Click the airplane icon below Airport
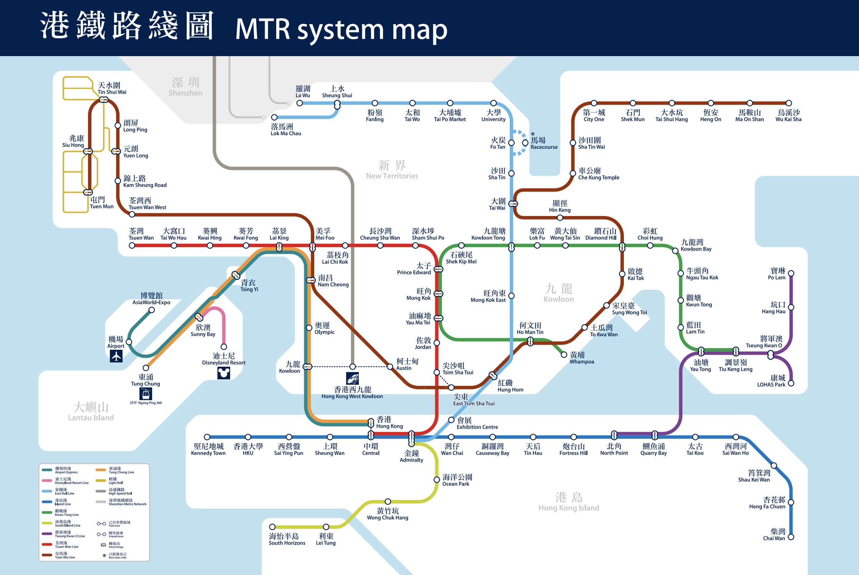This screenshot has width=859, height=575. click(116, 356)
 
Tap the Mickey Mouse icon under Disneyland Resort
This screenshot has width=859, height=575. click(224, 372)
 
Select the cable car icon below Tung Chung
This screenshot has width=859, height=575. click(146, 394)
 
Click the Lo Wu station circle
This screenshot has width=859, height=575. click(300, 103)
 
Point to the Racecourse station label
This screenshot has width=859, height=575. click(544, 143)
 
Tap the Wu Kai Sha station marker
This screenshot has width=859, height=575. click(789, 103)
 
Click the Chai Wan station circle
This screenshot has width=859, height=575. click(791, 537)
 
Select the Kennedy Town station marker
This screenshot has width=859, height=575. click(207, 437)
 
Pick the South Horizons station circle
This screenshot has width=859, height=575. click(272, 527)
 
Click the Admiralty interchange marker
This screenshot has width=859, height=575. click(411, 438)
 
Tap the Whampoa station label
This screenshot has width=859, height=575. click(581, 358)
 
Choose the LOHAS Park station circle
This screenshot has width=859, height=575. click(791, 383)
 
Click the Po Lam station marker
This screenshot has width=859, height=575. click(791, 273)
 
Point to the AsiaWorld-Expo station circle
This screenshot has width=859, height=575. click(152, 310)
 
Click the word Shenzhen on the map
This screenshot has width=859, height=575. click(185, 93)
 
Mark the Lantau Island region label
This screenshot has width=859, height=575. click(91, 418)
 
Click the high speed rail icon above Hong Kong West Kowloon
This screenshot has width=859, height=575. click(352, 378)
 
